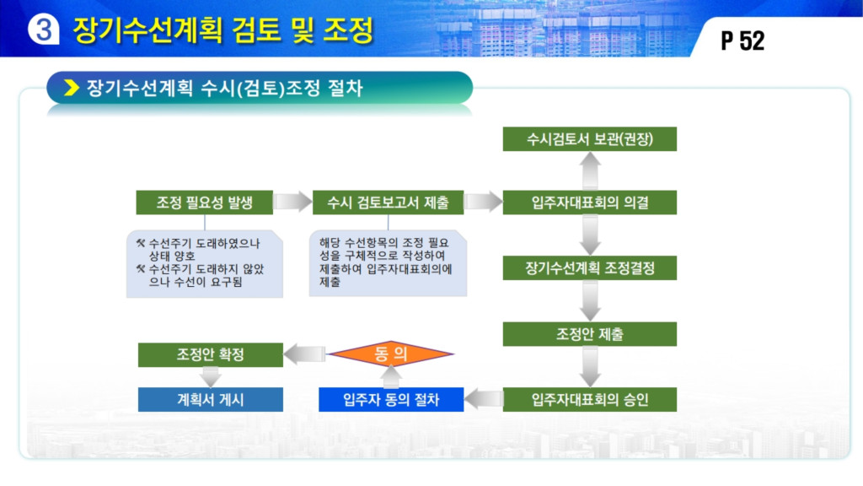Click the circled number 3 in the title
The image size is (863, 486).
[x=44, y=29]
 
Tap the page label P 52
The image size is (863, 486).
[x=742, y=40]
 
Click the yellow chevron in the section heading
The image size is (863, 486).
[x=72, y=88]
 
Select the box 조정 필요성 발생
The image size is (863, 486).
[x=204, y=202]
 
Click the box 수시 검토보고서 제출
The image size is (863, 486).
[x=388, y=202]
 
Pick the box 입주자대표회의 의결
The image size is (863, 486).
[x=589, y=202]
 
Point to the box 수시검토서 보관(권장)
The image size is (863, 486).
[x=589, y=139]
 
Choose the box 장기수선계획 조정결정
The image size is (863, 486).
[x=589, y=268]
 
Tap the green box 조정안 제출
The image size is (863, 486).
[x=589, y=334]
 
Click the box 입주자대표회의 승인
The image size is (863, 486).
[x=589, y=399]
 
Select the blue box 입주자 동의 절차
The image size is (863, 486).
[x=391, y=399]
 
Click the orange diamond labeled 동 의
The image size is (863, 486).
[x=391, y=354]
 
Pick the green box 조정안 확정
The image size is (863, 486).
[x=210, y=354]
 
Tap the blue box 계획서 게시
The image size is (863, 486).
[x=210, y=399]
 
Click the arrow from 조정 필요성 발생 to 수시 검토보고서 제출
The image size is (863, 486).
[x=292, y=202]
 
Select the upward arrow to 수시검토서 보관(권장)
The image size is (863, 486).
[x=590, y=170]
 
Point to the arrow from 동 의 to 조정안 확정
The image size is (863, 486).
[x=305, y=354]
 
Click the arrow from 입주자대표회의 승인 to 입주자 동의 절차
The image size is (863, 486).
[x=483, y=399]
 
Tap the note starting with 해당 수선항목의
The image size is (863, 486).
[x=388, y=263]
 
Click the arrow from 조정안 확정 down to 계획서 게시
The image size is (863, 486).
[x=210, y=377]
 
